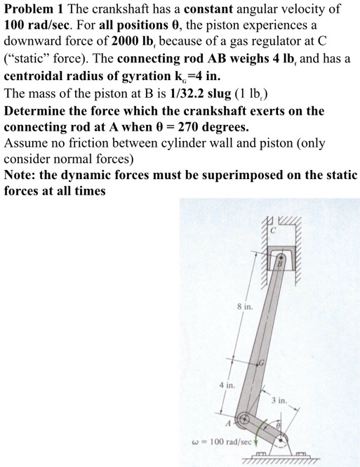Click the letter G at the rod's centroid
click(262, 362)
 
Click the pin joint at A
click(243, 422)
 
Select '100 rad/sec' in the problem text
click(39, 28)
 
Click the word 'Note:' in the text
click(20, 174)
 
